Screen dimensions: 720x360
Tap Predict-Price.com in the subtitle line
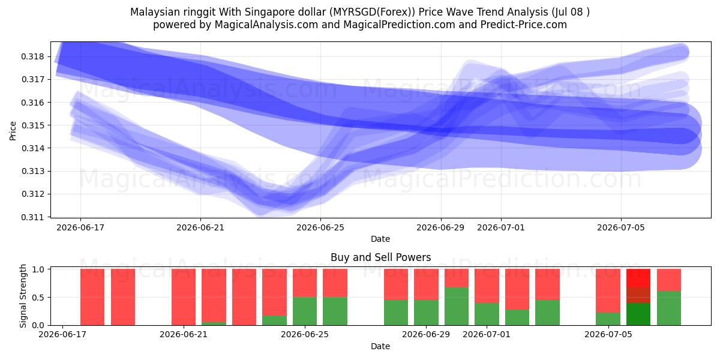click(x=524, y=25)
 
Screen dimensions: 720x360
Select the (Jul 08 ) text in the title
click(x=571, y=12)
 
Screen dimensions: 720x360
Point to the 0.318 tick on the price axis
click(x=32, y=56)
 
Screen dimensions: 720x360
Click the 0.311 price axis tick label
click(x=32, y=217)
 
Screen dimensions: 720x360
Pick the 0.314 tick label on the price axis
click(x=32, y=148)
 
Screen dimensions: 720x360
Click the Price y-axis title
click(x=13, y=131)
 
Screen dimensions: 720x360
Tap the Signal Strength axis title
click(x=23, y=296)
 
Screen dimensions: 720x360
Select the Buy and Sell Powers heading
click(x=380, y=257)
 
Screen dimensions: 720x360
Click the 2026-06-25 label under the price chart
click(x=320, y=227)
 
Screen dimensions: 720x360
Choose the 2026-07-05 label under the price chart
click(x=621, y=227)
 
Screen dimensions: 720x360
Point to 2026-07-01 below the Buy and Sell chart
click(x=487, y=334)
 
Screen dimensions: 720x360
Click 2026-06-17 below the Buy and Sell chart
click(x=62, y=334)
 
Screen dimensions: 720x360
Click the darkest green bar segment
click(x=638, y=314)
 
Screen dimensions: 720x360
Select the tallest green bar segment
click(x=457, y=307)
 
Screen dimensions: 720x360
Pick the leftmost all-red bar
click(x=92, y=297)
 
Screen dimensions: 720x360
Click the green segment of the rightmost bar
click(x=669, y=308)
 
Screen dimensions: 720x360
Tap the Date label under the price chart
click(x=380, y=239)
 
